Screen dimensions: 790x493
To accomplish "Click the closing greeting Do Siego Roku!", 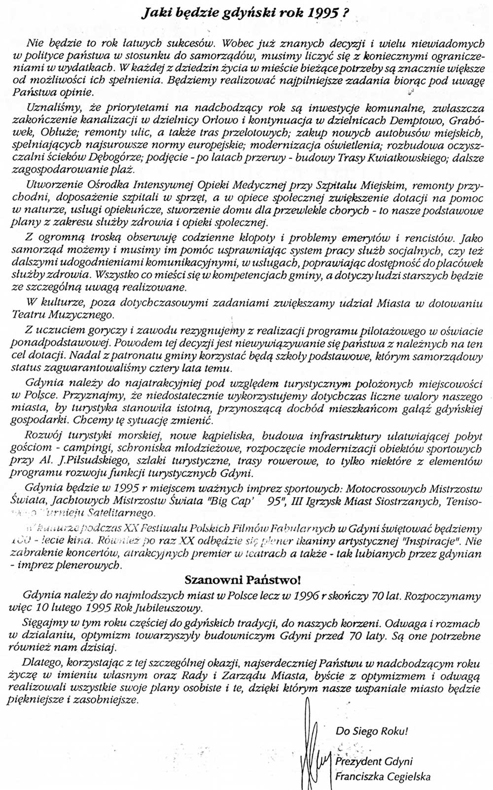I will click(372, 731).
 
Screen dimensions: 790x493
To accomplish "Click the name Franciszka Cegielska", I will click(383, 777).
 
